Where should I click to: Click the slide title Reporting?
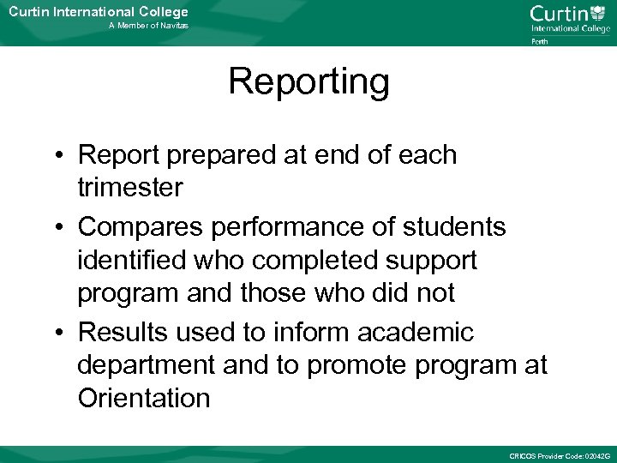pyautogui.click(x=308, y=83)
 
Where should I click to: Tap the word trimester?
pyautogui.click(x=130, y=188)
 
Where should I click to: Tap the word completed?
pyautogui.click(x=317, y=260)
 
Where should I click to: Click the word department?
pyautogui.click(x=146, y=365)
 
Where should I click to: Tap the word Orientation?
pyautogui.click(x=143, y=398)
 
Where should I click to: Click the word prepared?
pyautogui.click(x=225, y=156)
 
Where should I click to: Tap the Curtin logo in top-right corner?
pyautogui.click(x=569, y=18)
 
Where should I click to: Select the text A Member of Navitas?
pyautogui.click(x=148, y=27)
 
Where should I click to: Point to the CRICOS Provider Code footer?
pyautogui.click(x=559, y=454)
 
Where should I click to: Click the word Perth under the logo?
pyautogui.click(x=540, y=40)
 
